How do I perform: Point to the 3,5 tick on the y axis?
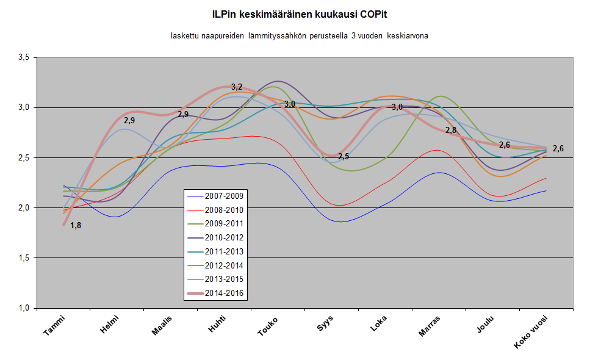point(23,57)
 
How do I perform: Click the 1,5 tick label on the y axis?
point(23,258)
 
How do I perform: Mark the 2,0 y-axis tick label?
point(23,208)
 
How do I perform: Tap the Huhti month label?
point(216,323)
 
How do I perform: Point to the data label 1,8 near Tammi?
point(76,226)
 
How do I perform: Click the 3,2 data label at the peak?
point(237,87)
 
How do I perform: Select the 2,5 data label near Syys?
point(344,157)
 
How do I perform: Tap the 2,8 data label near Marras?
point(451,131)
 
